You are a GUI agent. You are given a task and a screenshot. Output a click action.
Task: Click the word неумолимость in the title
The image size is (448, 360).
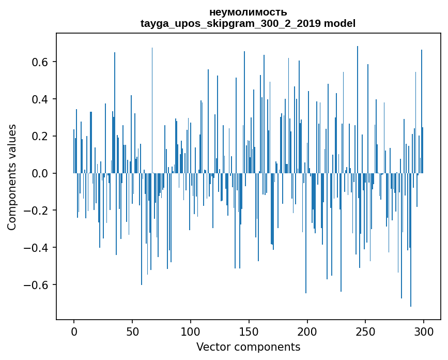tap(248, 12)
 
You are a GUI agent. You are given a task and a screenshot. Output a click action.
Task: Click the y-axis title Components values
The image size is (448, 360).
tap(12, 177)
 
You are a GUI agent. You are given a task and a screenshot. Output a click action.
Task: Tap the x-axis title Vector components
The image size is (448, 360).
tap(248, 347)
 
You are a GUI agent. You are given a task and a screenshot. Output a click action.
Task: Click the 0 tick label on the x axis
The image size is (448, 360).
tap(74, 331)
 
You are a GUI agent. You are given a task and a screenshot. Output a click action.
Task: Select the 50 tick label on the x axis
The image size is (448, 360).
tap(132, 331)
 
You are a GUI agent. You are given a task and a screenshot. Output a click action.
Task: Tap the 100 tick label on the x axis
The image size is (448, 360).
tap(191, 331)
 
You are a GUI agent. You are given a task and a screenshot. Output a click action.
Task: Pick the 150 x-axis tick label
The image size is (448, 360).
tap(249, 331)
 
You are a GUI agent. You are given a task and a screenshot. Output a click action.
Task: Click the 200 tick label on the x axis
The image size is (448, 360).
tap(307, 331)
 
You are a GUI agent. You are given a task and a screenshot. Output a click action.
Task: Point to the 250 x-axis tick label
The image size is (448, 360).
tap(366, 331)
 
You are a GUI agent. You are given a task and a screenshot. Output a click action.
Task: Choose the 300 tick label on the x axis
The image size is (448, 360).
tap(424, 331)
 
